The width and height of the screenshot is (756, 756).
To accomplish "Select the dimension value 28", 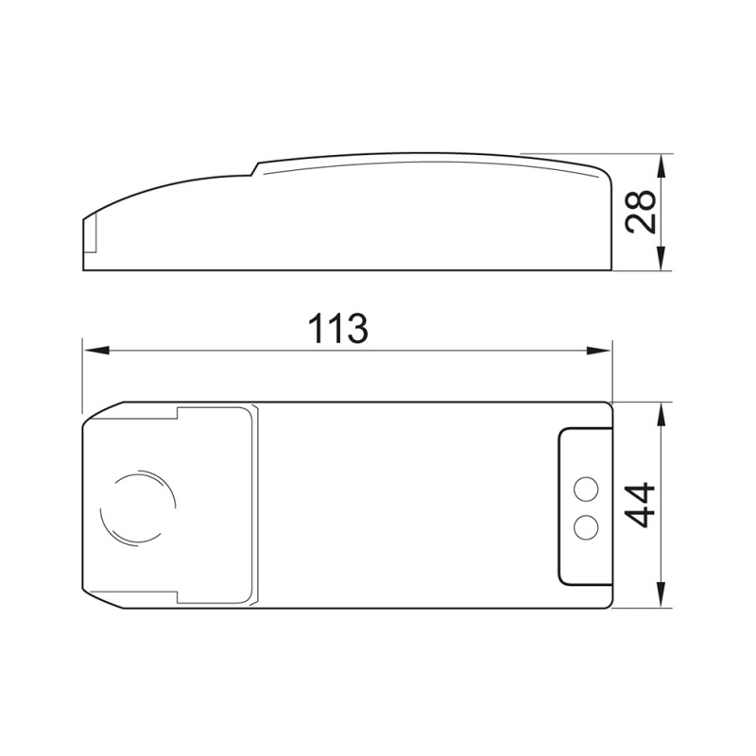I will click(642, 213).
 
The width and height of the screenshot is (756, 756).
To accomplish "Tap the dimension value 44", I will click(642, 505).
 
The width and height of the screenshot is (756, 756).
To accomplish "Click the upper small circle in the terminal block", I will click(586, 488).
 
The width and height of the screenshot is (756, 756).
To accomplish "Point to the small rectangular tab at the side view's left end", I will click(90, 235).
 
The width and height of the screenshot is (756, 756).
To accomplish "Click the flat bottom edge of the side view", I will click(350, 270).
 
